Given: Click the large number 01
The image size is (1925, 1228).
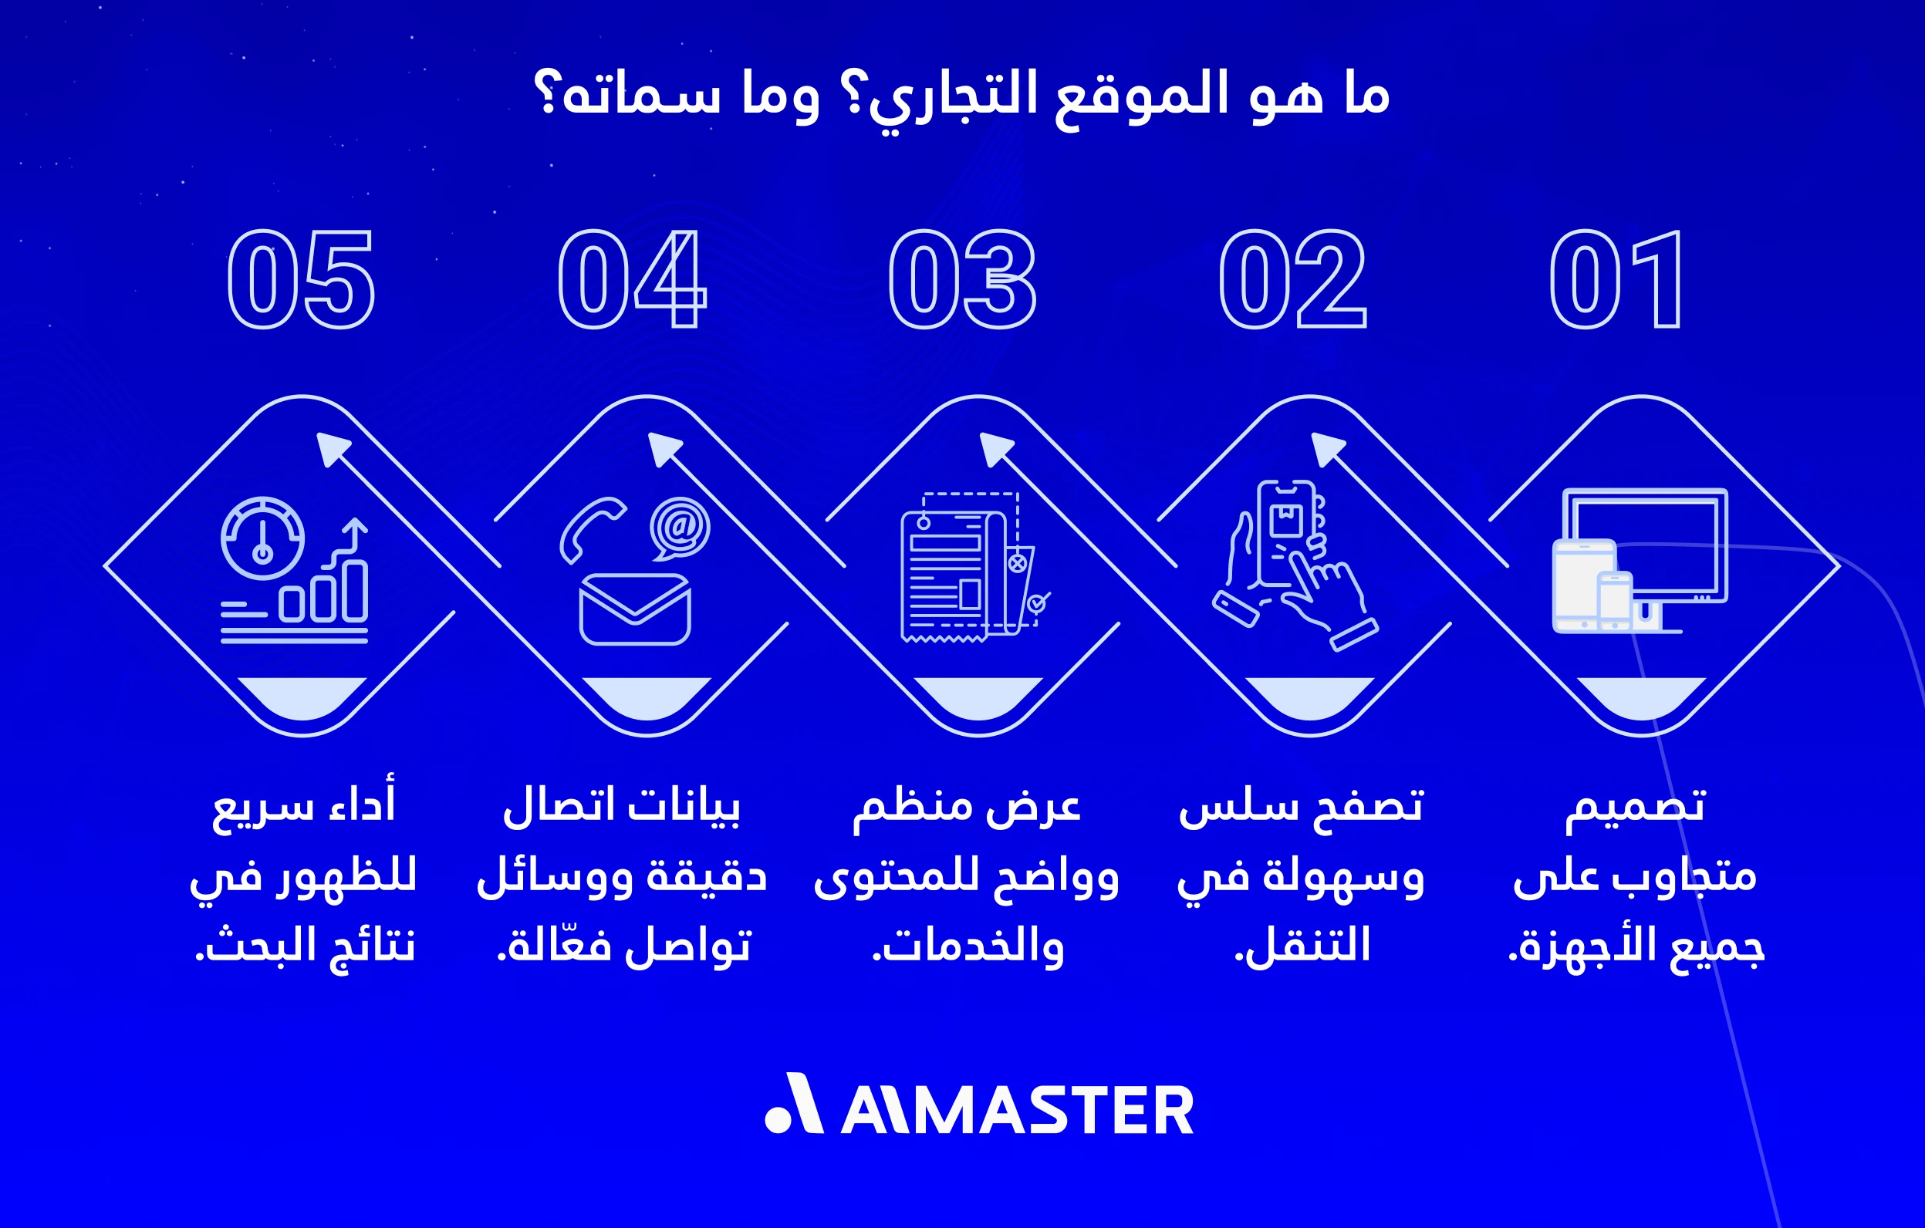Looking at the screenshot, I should coord(1616,280).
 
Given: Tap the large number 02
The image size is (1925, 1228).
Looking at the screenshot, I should coord(1292,280).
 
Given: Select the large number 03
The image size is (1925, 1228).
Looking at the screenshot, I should coord(963,280).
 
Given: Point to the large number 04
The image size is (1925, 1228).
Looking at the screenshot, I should coord(632,280).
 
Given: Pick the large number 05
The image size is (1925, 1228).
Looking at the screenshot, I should coord(301,280).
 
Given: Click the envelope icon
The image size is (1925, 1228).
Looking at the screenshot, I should coord(635,609).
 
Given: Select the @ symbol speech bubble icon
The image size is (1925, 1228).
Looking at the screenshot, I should coord(680,528).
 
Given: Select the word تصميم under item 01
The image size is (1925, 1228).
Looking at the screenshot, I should coord(1635,806).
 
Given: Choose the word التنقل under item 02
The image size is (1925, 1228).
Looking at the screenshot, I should coord(1303,946).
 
